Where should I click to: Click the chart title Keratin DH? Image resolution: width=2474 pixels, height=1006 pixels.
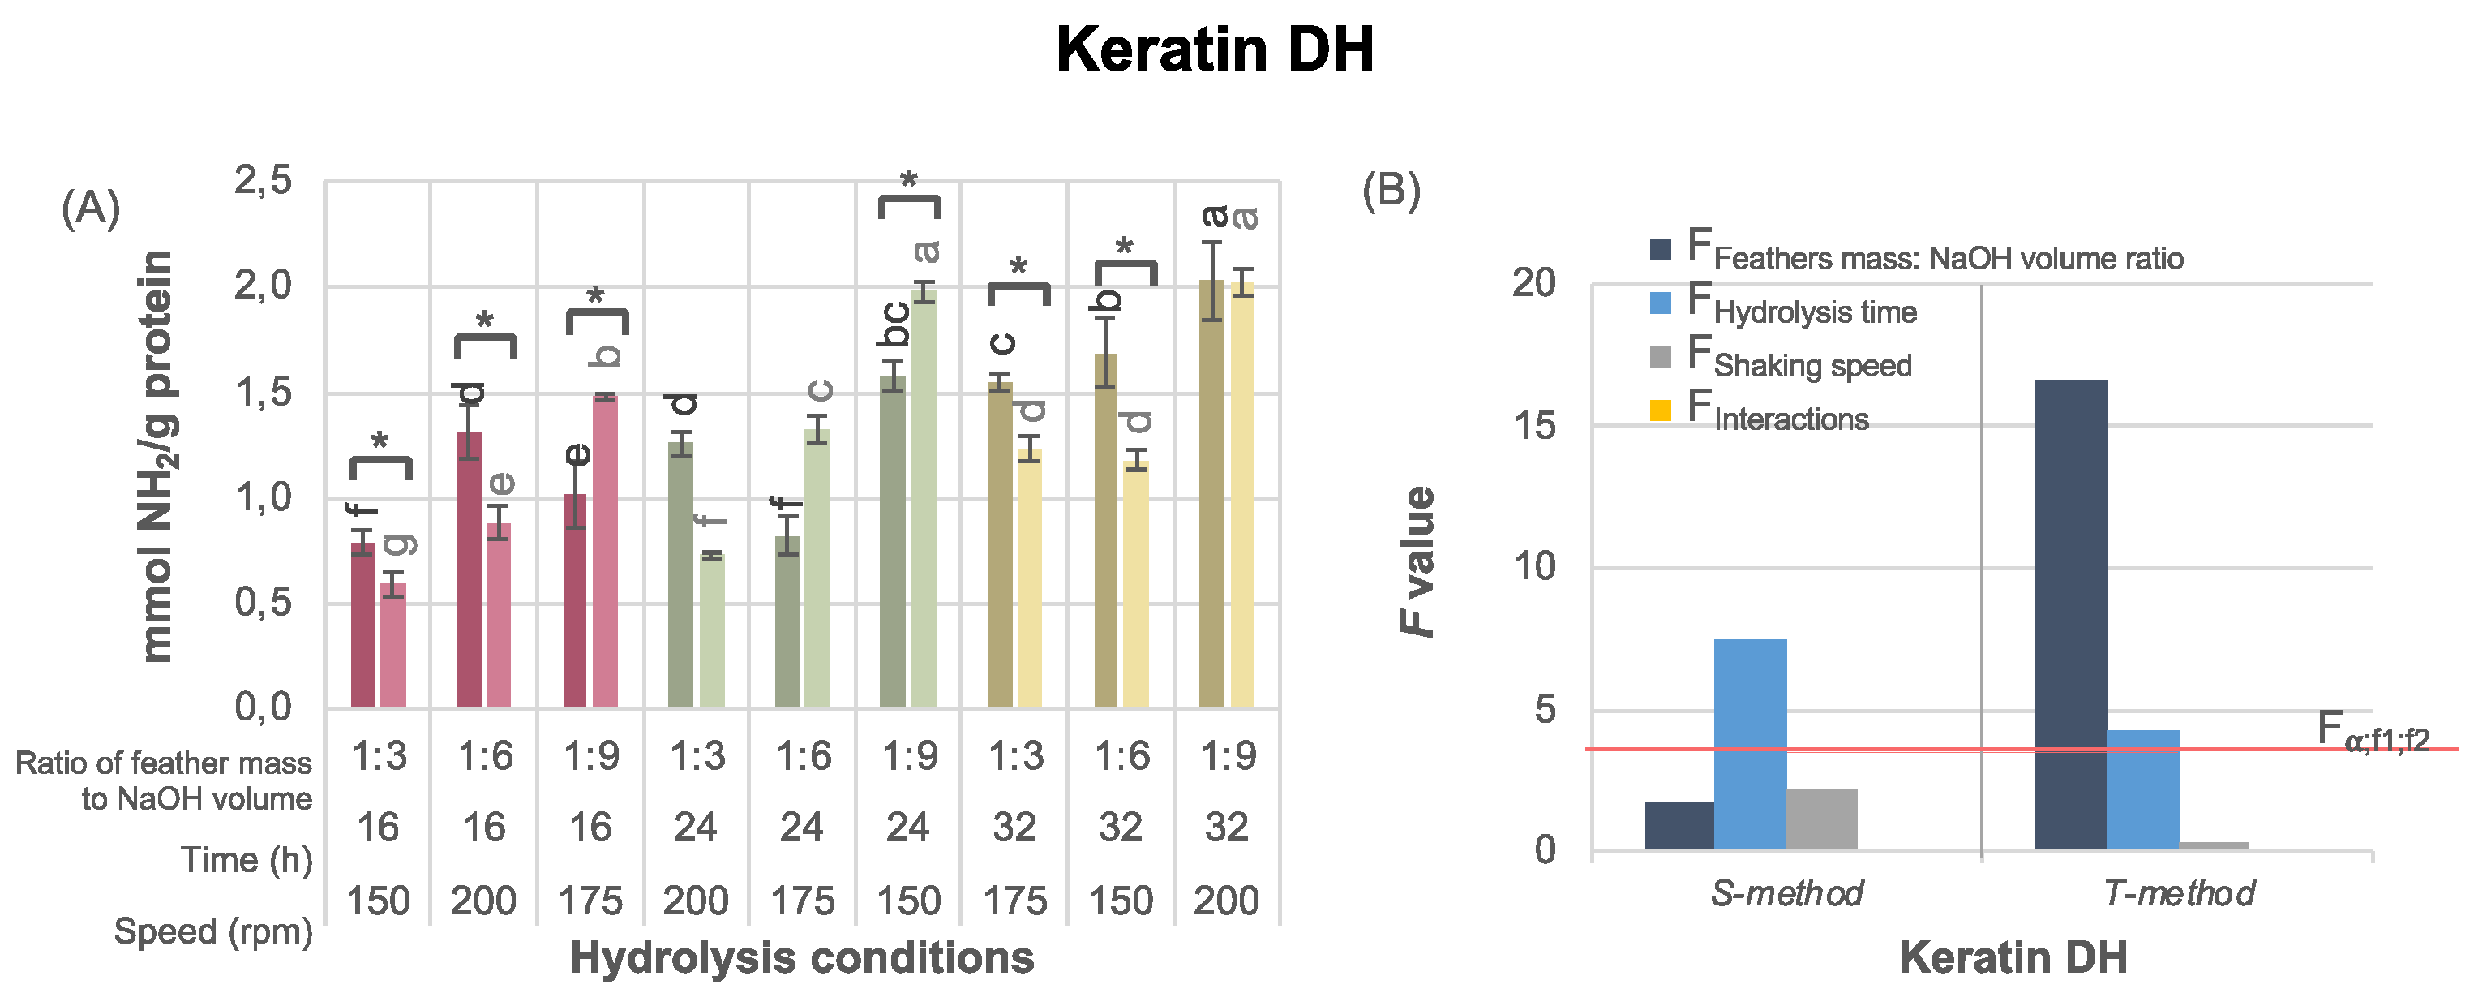tap(1215, 50)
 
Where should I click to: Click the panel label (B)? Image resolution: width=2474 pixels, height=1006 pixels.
tap(1391, 191)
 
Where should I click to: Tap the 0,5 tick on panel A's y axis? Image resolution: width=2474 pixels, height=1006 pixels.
tap(264, 603)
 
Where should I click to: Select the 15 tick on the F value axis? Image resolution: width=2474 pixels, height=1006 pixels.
tap(1533, 423)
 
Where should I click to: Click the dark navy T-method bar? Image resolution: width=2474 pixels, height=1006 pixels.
tap(2071, 615)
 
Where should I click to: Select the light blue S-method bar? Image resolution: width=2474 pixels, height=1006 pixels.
tap(1750, 745)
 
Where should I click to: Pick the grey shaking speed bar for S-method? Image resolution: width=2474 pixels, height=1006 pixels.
tap(1822, 819)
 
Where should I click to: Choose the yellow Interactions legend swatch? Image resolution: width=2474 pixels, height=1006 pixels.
tap(1661, 411)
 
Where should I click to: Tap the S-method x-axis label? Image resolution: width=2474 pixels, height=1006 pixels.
tap(1786, 893)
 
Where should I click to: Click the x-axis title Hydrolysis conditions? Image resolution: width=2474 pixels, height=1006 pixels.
tap(802, 958)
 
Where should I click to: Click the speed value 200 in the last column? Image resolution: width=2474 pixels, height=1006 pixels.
tap(1226, 901)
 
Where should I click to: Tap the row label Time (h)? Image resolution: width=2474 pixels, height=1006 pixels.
tap(246, 860)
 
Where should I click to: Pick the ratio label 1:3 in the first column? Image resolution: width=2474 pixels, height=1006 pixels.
tap(379, 757)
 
